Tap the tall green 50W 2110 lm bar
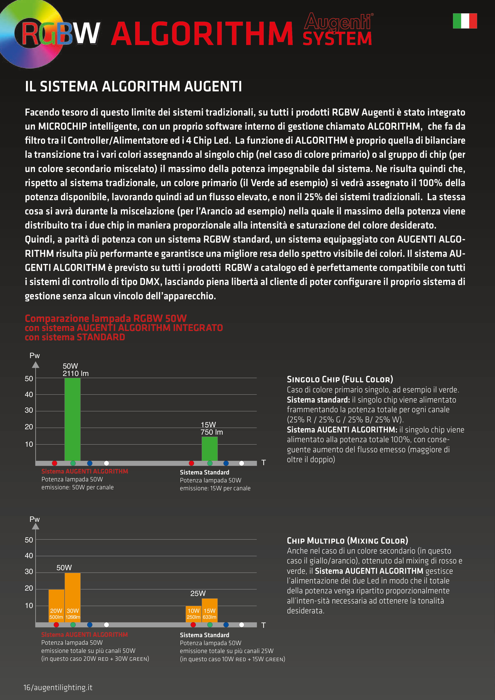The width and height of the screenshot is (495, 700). tap(73, 419)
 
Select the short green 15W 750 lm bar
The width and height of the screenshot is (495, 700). tap(210, 448)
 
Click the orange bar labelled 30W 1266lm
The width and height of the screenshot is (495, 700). tap(73, 597)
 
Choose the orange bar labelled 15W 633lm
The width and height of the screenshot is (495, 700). tap(210, 610)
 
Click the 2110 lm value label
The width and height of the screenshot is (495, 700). tap(76, 373)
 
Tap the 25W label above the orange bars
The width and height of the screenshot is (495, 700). tap(198, 593)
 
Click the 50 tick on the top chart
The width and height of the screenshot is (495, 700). tap(29, 379)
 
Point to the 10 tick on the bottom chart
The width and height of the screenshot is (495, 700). tap(29, 605)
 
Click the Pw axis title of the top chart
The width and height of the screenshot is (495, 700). tap(34, 356)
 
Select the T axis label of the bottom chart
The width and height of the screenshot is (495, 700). tap(263, 625)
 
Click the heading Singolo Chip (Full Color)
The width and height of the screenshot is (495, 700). tap(340, 379)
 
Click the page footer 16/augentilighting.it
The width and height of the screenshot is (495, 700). tap(58, 688)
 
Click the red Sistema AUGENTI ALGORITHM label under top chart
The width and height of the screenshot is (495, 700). tap(84, 471)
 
